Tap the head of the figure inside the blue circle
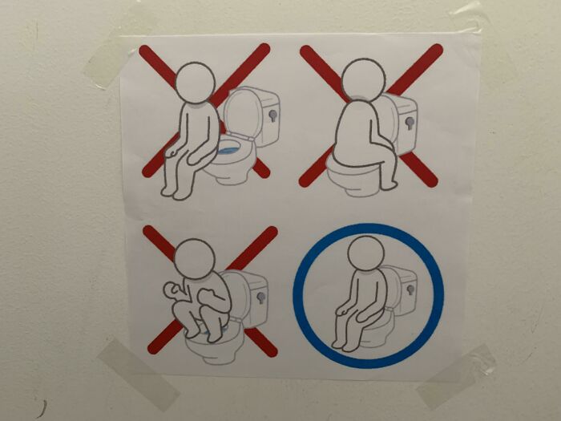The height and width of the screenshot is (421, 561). pos(365,256)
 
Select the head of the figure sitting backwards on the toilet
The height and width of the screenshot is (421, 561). pos(363,80)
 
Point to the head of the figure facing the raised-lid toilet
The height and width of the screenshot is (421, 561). pos(195,83)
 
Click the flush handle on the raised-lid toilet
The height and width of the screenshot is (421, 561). pos(272,115)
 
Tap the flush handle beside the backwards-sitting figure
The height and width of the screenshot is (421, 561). pos(411,123)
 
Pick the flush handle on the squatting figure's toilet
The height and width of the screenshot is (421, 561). pos(260,298)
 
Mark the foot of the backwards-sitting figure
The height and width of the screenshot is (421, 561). pos(389,184)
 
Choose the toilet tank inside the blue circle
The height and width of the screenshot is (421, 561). pos(405,285)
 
